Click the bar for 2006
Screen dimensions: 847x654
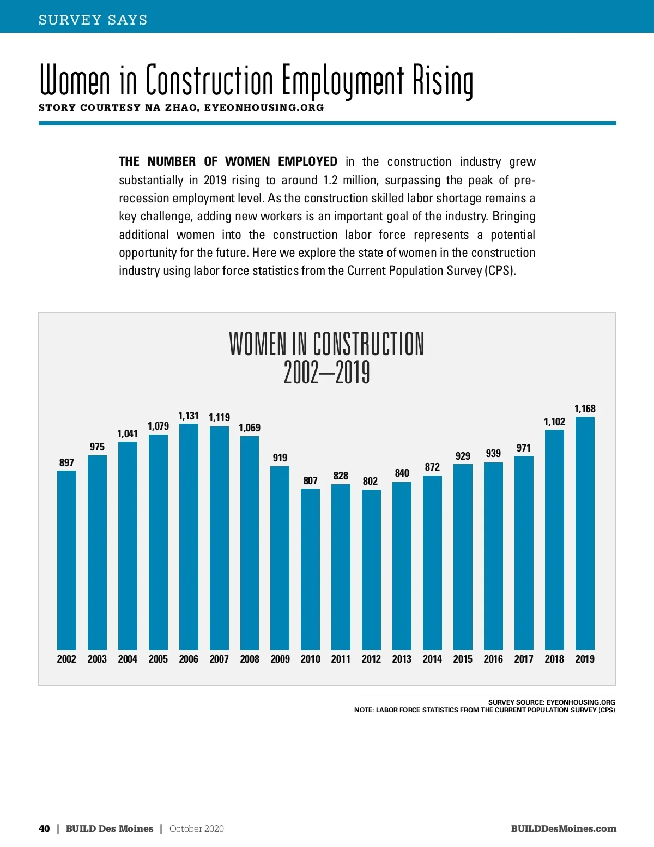(189, 537)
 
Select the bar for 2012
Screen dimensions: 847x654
(371, 570)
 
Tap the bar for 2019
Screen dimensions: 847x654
(585, 533)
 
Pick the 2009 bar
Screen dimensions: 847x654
(280, 558)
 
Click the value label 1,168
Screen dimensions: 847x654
(585, 409)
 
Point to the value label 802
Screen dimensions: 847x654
(370, 481)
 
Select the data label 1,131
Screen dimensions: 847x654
(189, 416)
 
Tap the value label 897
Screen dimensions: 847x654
(66, 462)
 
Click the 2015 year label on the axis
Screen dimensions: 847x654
(463, 659)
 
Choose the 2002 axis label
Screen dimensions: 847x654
(66, 659)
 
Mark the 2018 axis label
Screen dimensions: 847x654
(554, 659)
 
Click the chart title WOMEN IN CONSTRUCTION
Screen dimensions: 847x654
(326, 344)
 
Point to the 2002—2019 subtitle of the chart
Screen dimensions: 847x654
(326, 373)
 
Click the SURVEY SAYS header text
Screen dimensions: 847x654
(93, 20)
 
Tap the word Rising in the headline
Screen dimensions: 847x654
(443, 81)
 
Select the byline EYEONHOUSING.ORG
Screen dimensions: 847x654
(264, 107)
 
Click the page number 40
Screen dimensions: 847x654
(44, 828)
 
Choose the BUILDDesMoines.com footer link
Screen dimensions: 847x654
(564, 828)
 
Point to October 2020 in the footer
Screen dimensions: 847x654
(197, 828)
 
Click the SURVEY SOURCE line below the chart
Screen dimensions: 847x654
(552, 702)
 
